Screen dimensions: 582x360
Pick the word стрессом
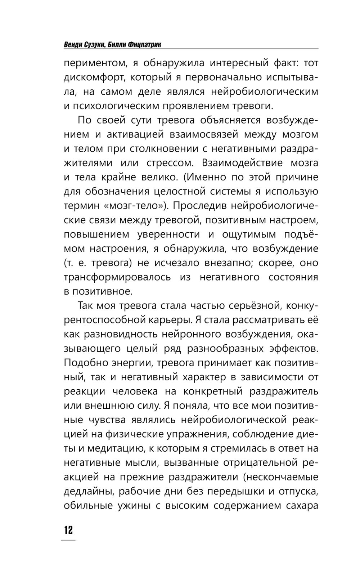(x=170, y=163)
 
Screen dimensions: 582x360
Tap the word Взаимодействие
(x=242, y=163)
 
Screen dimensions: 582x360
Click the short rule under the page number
(x=68, y=540)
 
